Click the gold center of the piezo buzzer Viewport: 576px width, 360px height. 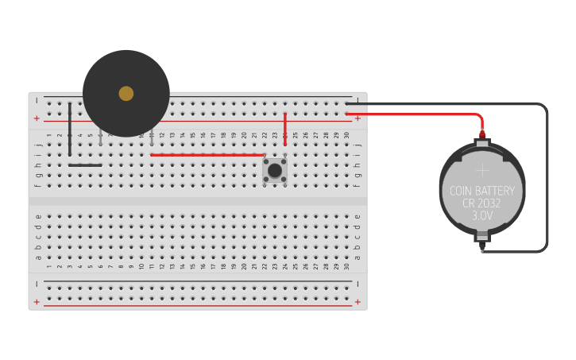pos(126,94)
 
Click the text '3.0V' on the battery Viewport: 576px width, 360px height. pos(482,216)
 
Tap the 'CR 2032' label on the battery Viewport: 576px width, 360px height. pos(481,203)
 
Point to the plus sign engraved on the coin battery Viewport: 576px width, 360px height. pos(482,169)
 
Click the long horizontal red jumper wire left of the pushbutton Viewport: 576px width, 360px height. pos(207,155)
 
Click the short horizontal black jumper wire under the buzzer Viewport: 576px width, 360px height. pos(85,165)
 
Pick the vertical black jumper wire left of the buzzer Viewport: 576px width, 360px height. pos(70,129)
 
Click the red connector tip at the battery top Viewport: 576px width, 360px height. pos(482,134)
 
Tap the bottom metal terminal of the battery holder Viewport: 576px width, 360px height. pos(482,237)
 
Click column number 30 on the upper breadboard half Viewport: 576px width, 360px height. pos(346,135)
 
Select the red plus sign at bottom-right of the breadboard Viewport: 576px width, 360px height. pos(358,302)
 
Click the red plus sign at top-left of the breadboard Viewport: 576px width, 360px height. pos(37,118)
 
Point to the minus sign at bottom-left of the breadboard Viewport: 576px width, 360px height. pos(37,284)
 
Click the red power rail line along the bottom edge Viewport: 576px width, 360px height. pos(199,306)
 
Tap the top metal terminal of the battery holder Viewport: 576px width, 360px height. pos(482,144)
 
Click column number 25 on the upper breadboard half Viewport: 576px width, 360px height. pos(296,135)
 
